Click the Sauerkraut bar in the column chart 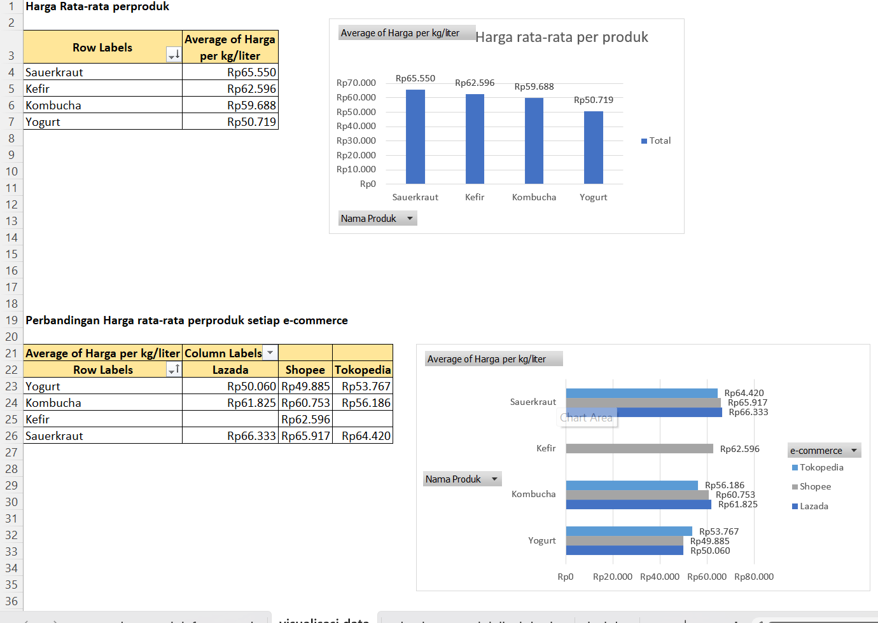[415, 137]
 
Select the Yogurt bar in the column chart [594, 147]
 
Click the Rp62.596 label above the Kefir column [475, 83]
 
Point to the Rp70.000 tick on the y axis [356, 83]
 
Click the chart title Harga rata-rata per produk [562, 38]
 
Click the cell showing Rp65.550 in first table [251, 72]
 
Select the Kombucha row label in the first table [53, 106]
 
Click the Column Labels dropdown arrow [270, 353]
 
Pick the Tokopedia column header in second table [363, 370]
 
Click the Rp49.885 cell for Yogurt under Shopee [305, 387]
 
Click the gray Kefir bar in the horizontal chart [639, 449]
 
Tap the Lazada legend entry [814, 506]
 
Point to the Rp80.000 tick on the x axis [754, 577]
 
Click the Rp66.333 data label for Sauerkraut [748, 412]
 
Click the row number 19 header [11, 320]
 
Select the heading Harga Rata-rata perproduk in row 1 [97, 6]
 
